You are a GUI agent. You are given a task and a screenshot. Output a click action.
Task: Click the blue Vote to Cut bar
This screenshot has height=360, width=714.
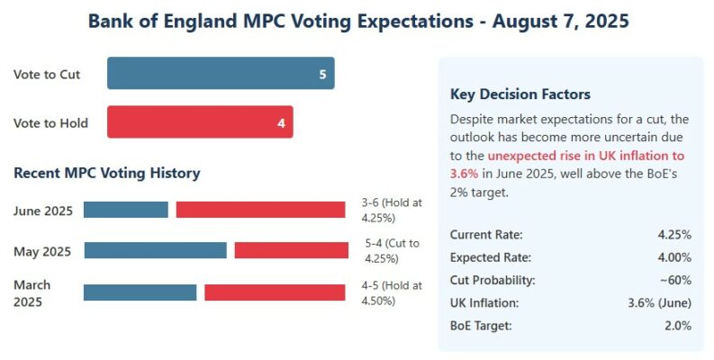[x=220, y=74]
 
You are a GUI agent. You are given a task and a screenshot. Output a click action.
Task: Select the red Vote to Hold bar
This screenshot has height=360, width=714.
[x=200, y=122]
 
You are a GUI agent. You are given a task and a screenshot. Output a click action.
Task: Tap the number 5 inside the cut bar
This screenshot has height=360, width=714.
[x=322, y=74]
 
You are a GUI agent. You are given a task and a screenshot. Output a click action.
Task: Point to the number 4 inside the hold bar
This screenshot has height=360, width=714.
[x=281, y=122]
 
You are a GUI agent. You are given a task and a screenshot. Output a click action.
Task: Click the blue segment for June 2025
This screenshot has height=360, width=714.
[x=126, y=210]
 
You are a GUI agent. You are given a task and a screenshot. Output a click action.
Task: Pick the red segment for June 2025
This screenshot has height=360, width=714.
[x=260, y=210]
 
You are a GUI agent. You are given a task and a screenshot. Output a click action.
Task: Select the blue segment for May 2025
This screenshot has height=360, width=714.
[x=155, y=250]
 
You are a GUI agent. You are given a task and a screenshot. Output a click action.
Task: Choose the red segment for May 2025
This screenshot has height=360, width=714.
[x=291, y=250]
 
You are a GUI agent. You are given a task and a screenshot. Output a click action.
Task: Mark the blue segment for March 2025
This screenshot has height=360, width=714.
[x=140, y=292]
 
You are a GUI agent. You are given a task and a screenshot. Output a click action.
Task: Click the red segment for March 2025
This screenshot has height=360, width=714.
[x=275, y=292]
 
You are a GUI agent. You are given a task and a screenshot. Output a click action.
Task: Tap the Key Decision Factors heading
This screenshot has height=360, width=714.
[x=520, y=94]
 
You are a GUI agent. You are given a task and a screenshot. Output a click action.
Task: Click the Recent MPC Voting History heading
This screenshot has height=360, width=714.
[x=106, y=173]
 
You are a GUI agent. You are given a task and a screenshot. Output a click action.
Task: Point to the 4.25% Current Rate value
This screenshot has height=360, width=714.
[x=674, y=235]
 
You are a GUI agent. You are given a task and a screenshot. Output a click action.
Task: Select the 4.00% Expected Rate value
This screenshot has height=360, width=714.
[x=674, y=257]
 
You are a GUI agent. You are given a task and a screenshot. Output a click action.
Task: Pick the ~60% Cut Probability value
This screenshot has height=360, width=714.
[x=676, y=280]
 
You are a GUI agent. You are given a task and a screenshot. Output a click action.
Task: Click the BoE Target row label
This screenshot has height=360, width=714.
[x=481, y=325]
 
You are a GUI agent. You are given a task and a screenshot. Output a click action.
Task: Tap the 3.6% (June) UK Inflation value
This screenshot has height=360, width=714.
[x=658, y=302]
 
